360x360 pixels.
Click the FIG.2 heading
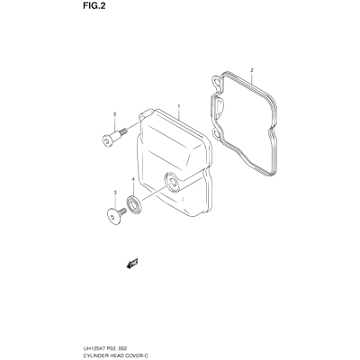click(x=94, y=6)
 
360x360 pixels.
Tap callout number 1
click(x=178, y=106)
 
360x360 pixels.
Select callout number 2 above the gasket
click(x=252, y=70)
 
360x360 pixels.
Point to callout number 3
click(x=115, y=193)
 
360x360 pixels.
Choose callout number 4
click(x=133, y=179)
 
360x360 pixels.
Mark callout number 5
click(x=114, y=114)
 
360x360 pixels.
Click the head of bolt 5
click(x=108, y=140)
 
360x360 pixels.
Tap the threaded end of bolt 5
click(x=123, y=131)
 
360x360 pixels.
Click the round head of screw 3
click(x=113, y=216)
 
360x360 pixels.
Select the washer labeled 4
click(x=133, y=204)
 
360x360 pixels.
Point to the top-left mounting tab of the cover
click(x=146, y=114)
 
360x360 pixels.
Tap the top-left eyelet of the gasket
click(x=217, y=80)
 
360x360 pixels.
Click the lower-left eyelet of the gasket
click(x=217, y=134)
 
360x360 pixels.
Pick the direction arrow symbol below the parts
click(x=132, y=263)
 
